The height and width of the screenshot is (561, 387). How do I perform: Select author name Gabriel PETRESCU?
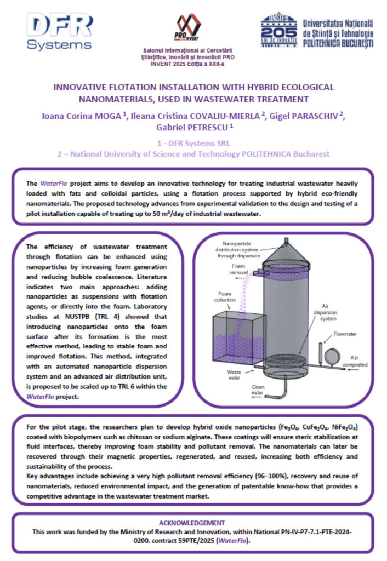click(x=193, y=127)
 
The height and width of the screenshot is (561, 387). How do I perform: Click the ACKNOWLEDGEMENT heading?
click(x=193, y=523)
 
